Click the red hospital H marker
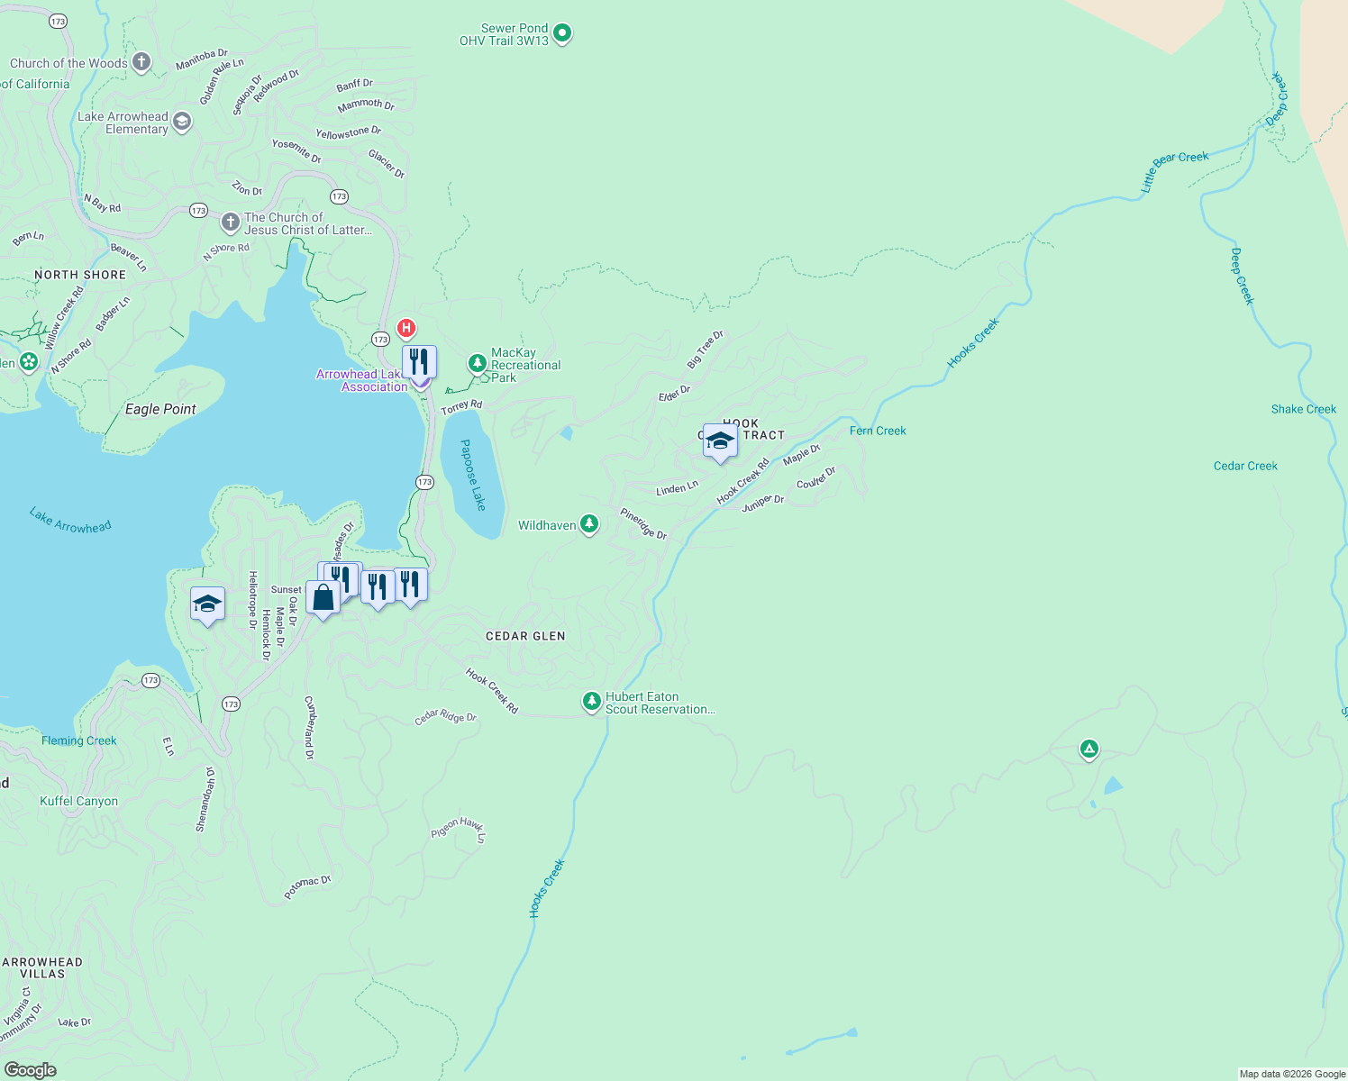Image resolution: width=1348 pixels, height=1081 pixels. click(406, 328)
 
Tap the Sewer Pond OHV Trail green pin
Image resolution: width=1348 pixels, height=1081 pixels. click(562, 34)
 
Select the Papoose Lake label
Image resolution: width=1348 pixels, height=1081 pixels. click(472, 475)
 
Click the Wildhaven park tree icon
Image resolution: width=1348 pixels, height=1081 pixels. click(589, 524)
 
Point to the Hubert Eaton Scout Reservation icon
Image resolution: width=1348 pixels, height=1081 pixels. click(591, 701)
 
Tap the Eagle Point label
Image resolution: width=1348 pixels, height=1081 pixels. click(160, 409)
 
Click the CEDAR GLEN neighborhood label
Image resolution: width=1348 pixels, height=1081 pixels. click(525, 636)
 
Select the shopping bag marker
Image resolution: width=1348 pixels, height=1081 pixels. click(323, 597)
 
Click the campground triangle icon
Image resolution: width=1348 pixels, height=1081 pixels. click(1089, 749)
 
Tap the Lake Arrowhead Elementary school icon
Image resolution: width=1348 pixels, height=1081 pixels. click(182, 122)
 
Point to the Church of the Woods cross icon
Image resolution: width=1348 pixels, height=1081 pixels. click(141, 62)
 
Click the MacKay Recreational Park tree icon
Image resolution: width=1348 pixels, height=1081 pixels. click(478, 364)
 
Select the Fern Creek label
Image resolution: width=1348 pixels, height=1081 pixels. click(878, 431)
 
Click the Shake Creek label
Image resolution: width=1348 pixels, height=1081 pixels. click(1303, 409)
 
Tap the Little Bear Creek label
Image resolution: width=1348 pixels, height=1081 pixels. click(1174, 170)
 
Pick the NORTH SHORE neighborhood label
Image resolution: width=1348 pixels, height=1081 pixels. click(80, 275)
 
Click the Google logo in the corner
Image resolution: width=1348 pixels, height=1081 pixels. click(30, 1069)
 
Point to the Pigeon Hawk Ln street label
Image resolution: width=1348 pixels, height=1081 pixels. click(459, 828)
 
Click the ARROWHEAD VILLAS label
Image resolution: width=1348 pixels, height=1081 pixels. click(42, 967)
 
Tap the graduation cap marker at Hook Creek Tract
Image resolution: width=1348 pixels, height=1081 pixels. click(720, 441)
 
